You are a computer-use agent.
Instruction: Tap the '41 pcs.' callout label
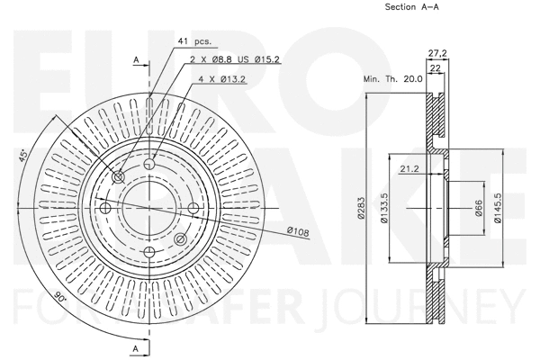pyautogui.click(x=195, y=42)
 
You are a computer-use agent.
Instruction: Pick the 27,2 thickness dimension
pyautogui.click(x=438, y=53)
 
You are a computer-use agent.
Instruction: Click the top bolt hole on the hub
pyautogui.click(x=150, y=164)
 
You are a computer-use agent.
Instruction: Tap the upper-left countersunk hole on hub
pyautogui.click(x=119, y=177)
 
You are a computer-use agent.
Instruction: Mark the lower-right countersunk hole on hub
pyautogui.click(x=180, y=238)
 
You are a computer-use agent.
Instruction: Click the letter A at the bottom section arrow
pyautogui.click(x=136, y=346)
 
